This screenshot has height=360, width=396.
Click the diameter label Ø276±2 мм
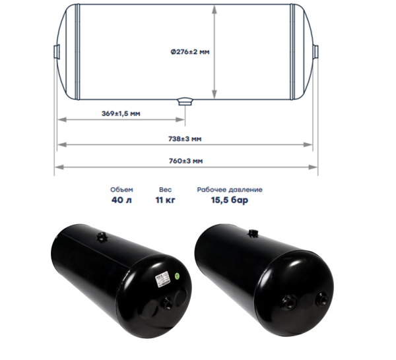pos(190,52)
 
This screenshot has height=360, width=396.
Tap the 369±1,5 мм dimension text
pos(121,113)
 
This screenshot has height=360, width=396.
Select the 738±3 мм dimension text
pos(185,139)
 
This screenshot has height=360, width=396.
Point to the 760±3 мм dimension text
pos(186,161)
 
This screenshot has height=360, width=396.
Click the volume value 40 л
pos(121,200)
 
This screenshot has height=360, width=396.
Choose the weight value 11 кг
pos(166,200)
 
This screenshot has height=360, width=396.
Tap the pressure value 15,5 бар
pos(230,200)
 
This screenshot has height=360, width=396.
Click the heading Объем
pos(121,190)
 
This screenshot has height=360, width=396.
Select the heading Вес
pos(166,190)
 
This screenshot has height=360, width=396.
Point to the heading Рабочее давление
pos(230,190)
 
